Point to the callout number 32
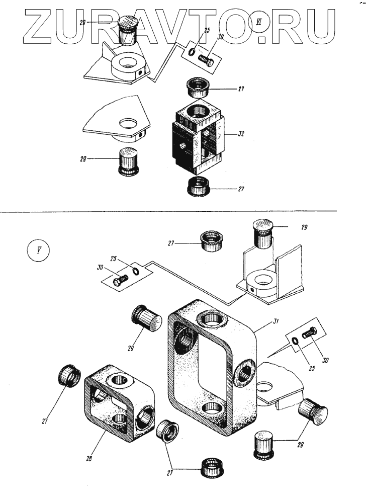point(241,135)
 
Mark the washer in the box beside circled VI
point(193,52)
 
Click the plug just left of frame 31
point(147,318)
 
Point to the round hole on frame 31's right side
point(244,371)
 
